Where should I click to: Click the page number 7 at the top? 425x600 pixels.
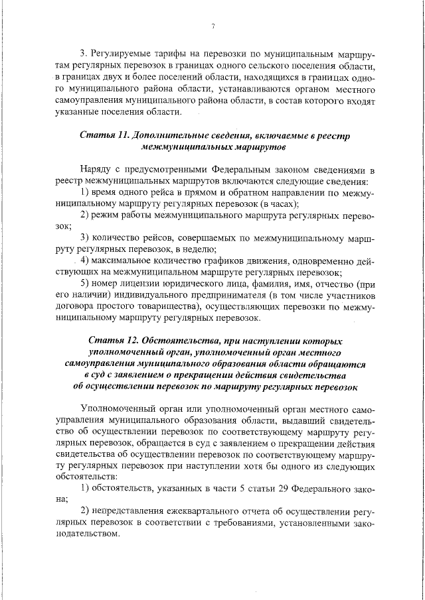click(x=212, y=26)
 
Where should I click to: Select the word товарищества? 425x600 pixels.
click(x=172, y=307)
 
